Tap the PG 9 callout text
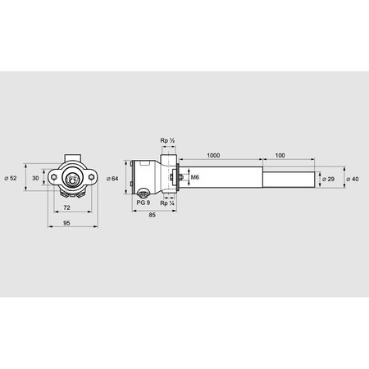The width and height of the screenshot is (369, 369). pos(142,202)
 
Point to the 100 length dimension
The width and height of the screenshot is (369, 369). pos(280,154)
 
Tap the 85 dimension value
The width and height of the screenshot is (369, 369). pos(154,215)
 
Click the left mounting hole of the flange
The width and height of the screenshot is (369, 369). pos(54,175)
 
